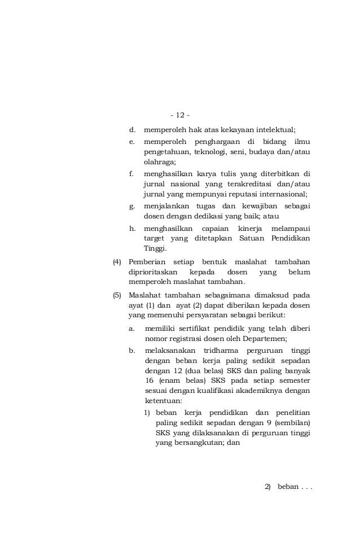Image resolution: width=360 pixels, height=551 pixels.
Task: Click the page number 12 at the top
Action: coord(180,115)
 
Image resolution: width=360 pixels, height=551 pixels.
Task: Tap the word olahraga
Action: coord(159,162)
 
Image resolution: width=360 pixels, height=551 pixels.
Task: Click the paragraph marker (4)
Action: coord(117,262)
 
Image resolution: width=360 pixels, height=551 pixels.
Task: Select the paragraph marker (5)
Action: coord(117,295)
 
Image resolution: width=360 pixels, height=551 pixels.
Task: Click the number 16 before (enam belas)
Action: coord(150,381)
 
